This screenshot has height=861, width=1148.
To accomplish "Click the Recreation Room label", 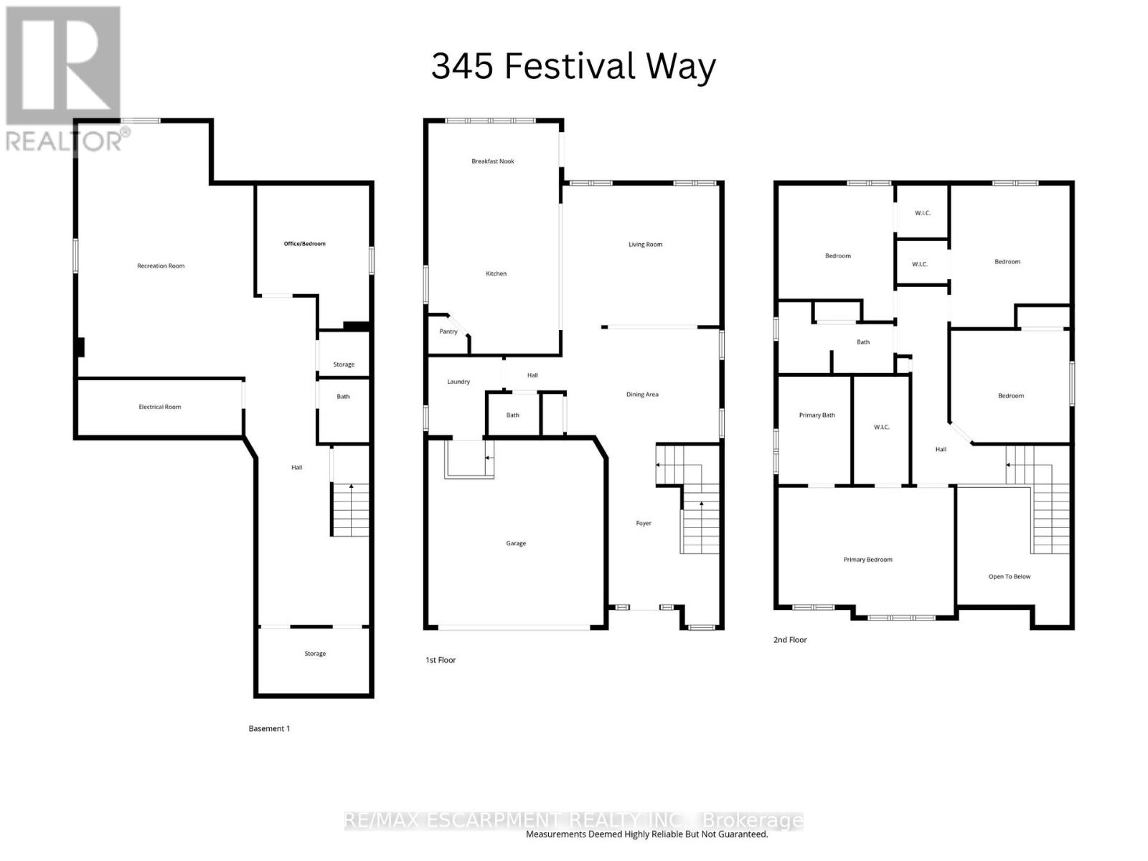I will click(161, 266).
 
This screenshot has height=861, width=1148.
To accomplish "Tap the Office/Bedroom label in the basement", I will click(304, 244).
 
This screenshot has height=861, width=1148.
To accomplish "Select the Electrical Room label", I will click(159, 407).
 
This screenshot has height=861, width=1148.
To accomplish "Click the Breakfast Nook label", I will click(492, 161).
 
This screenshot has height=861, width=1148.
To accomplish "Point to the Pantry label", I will click(448, 331).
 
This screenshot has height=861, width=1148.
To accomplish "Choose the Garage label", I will click(515, 543).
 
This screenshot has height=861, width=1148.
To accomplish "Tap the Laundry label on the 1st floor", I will click(458, 382).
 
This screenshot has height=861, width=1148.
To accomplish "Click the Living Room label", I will click(645, 245).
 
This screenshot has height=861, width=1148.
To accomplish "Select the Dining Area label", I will click(641, 395).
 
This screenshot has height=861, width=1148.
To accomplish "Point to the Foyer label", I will click(643, 523).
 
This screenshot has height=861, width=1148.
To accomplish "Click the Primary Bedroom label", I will click(867, 560).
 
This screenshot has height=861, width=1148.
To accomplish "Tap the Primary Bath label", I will click(817, 415).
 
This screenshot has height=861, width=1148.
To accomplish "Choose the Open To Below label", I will click(1009, 576).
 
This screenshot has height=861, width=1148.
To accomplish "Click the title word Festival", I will click(571, 67).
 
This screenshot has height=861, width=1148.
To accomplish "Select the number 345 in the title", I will click(462, 67).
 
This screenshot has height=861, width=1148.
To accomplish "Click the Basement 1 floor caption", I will click(269, 728).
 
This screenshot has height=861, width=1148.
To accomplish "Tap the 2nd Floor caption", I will click(790, 639).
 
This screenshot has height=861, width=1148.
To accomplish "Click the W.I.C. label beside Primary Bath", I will click(881, 428).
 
